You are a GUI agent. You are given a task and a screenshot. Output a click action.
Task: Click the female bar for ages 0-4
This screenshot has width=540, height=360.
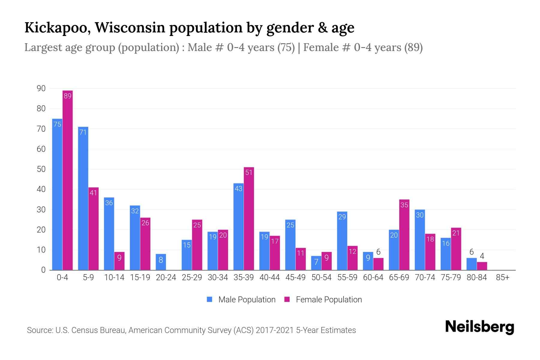pyautogui.click(x=67, y=180)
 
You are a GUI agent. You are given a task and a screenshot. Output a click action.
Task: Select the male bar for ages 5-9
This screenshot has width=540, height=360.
pyautogui.click(x=83, y=198)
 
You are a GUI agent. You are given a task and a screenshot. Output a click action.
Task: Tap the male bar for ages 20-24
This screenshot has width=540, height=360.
pyautogui.click(x=161, y=262)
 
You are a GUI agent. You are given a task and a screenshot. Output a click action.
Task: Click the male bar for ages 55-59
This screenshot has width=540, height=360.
pyautogui.click(x=342, y=241)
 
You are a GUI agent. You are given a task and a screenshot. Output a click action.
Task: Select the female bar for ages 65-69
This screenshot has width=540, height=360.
pyautogui.click(x=404, y=235)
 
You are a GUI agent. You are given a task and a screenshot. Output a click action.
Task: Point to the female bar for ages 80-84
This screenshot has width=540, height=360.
pyautogui.click(x=482, y=266)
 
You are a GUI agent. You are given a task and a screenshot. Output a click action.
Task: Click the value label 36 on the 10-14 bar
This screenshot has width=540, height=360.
pyautogui.click(x=109, y=203)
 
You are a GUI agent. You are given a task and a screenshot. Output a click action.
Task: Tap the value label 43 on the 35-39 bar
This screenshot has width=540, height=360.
pyautogui.click(x=238, y=189)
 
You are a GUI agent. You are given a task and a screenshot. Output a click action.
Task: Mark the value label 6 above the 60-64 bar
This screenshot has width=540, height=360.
pyautogui.click(x=378, y=252)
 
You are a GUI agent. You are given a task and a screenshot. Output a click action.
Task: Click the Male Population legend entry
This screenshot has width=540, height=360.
pyautogui.click(x=241, y=299)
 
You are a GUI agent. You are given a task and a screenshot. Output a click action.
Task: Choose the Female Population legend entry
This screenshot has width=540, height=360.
pyautogui.click(x=323, y=299)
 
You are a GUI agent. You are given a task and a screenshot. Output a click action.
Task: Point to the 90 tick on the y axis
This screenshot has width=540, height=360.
pyautogui.click(x=41, y=88)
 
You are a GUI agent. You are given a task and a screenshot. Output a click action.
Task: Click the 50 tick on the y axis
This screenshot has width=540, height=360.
pyautogui.click(x=41, y=169)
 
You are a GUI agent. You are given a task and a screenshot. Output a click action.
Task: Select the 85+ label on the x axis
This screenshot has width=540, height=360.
pyautogui.click(x=502, y=277)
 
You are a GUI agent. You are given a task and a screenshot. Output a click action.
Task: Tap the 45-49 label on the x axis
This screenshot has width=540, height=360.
pyautogui.click(x=295, y=277)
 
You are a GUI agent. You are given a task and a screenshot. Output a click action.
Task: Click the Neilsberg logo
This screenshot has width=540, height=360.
pyautogui.click(x=479, y=327)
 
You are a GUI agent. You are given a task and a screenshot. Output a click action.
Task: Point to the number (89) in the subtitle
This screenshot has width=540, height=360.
pyautogui.click(x=413, y=47)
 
